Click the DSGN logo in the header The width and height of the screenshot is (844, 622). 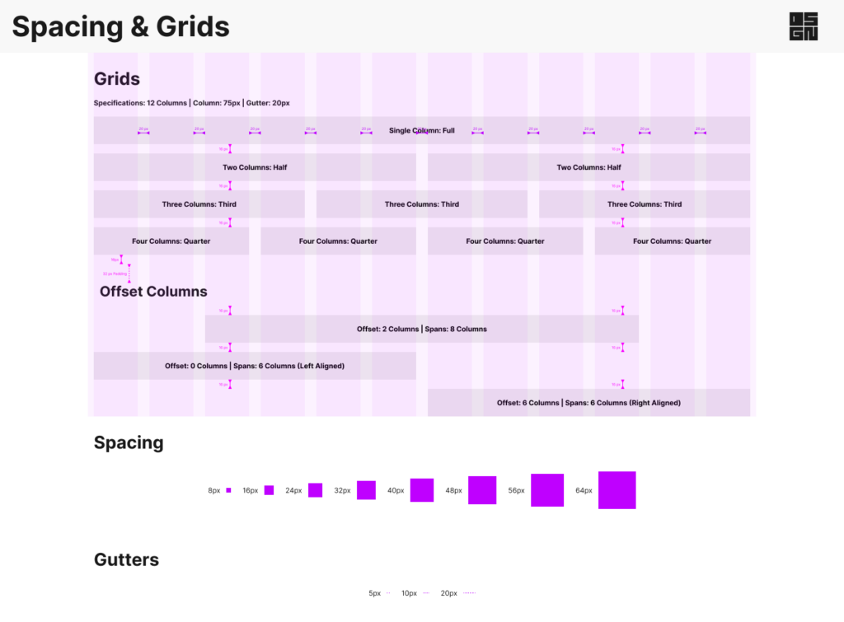click(804, 26)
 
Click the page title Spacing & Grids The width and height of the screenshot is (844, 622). click(120, 27)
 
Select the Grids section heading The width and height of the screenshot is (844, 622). click(117, 79)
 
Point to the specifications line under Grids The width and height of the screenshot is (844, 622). click(191, 103)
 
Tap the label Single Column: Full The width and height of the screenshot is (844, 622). click(421, 130)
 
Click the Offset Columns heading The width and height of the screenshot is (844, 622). click(153, 292)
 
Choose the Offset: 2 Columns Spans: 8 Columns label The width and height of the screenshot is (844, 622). click(421, 329)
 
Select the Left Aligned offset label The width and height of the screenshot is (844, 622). click(254, 366)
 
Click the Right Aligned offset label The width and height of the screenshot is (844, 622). click(588, 403)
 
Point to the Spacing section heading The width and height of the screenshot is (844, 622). click(129, 442)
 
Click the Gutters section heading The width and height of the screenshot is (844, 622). click(126, 560)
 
